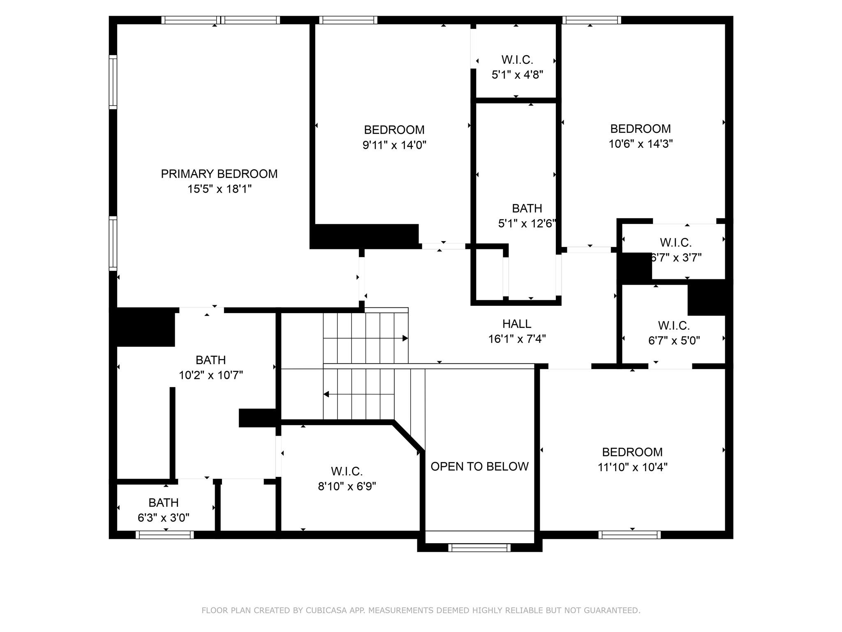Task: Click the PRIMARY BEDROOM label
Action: click(219, 174)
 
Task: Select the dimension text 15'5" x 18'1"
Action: click(219, 189)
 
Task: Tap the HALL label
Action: click(517, 324)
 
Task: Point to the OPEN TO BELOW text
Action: click(479, 467)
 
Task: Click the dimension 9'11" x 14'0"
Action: click(394, 145)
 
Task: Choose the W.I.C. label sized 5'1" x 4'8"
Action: click(517, 60)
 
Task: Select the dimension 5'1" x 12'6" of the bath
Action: click(527, 224)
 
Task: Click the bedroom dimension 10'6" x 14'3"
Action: click(641, 144)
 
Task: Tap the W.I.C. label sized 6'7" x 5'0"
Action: click(674, 326)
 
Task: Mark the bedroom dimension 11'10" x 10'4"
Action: click(632, 467)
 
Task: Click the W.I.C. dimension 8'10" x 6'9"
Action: click(347, 487)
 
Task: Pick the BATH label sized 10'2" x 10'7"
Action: click(210, 360)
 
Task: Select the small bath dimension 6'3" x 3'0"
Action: click(163, 518)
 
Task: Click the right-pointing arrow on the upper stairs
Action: click(405, 338)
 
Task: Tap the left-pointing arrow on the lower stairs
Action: click(326, 395)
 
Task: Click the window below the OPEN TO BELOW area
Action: click(479, 548)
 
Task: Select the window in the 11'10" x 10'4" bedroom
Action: click(629, 535)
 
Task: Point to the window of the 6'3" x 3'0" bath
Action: click(165, 535)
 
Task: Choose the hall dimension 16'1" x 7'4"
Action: click(517, 339)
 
